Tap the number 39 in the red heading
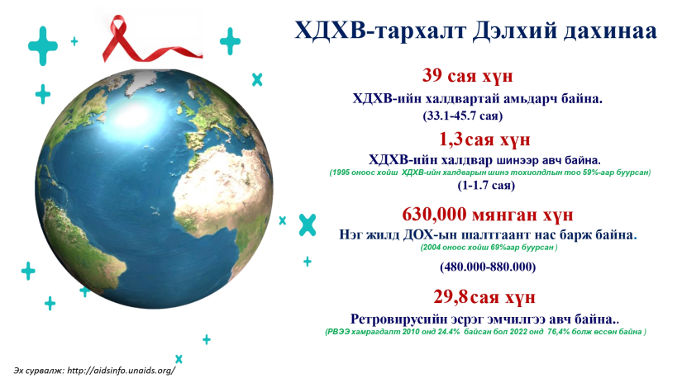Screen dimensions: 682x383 point(432,76)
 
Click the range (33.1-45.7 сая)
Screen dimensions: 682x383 point(463,116)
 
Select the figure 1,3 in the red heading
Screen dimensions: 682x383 point(451,139)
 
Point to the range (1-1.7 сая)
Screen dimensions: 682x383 point(486,186)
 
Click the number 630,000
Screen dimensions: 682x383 point(434,215)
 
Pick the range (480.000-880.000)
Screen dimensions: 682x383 point(488,267)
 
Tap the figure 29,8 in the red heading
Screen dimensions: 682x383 point(451,297)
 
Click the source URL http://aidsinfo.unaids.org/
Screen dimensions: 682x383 point(122,371)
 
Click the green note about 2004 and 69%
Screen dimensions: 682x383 point(489,248)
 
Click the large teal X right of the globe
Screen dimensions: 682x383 point(308,225)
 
